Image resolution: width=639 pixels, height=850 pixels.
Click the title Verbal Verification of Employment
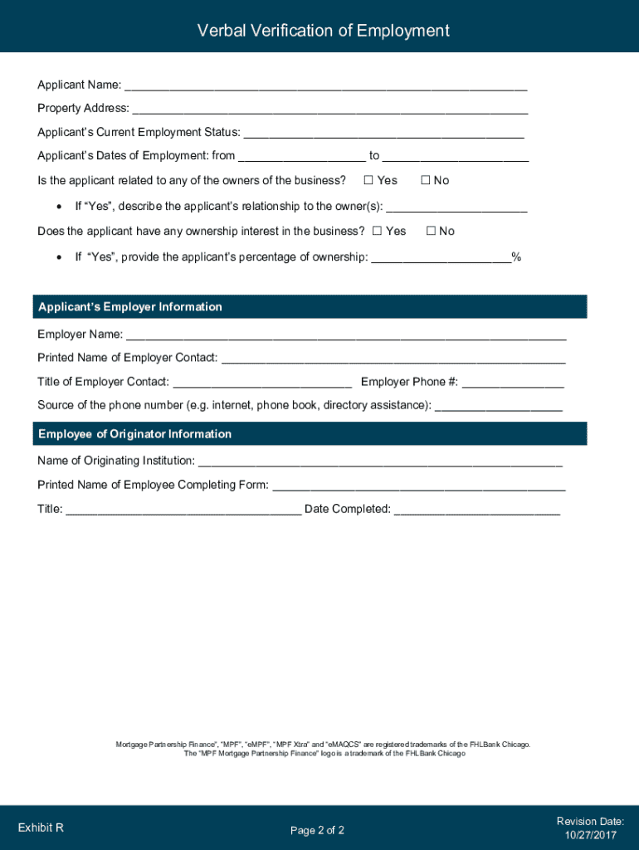tap(323, 31)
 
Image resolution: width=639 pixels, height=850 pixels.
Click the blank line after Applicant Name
tap(325, 85)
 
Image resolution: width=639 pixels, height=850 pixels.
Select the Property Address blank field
tap(329, 109)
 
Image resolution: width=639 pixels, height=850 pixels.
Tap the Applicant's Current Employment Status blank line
tap(383, 133)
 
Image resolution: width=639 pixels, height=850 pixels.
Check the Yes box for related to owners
tap(368, 180)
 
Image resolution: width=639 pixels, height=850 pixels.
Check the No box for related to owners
tap(426, 180)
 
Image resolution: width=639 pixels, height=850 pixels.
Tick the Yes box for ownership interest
tap(377, 231)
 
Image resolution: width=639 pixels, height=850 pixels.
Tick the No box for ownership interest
tap(431, 231)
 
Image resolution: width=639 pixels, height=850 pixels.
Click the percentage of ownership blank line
tap(441, 257)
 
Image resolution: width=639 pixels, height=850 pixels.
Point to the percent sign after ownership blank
tap(516, 257)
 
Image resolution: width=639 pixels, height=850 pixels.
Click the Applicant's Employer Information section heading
tap(130, 307)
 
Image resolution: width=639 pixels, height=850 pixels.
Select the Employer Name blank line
tap(346, 335)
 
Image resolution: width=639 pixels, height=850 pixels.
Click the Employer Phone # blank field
tap(513, 383)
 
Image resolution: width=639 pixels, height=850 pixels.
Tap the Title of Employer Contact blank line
tap(262, 383)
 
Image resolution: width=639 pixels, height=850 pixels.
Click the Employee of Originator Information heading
tap(134, 434)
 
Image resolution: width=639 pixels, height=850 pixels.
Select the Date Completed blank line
tap(476, 510)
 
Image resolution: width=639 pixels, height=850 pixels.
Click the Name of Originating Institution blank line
tap(380, 462)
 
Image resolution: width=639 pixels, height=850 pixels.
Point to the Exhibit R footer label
tap(41, 828)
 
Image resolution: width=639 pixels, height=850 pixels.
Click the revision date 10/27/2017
tap(590, 834)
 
